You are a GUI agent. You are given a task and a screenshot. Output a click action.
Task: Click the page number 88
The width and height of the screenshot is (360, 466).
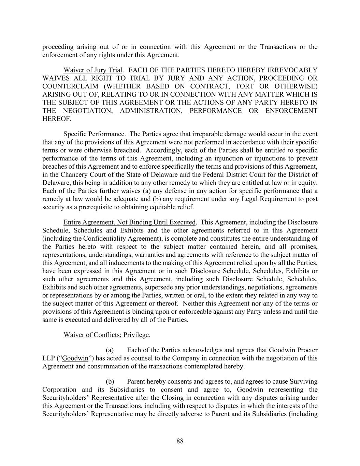click(x=180, y=441)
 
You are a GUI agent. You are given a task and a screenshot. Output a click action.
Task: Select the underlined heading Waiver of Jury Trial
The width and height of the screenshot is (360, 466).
click(x=93, y=70)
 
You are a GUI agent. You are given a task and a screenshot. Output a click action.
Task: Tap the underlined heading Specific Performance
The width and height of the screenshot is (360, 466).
click(x=94, y=134)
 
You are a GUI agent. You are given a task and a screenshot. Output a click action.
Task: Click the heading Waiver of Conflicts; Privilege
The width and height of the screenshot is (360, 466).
click(x=106, y=335)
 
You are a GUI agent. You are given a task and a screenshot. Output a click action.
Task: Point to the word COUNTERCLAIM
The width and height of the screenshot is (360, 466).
click(x=66, y=86)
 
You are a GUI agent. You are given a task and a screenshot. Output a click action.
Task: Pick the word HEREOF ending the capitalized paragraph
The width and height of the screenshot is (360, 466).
click(x=56, y=119)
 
